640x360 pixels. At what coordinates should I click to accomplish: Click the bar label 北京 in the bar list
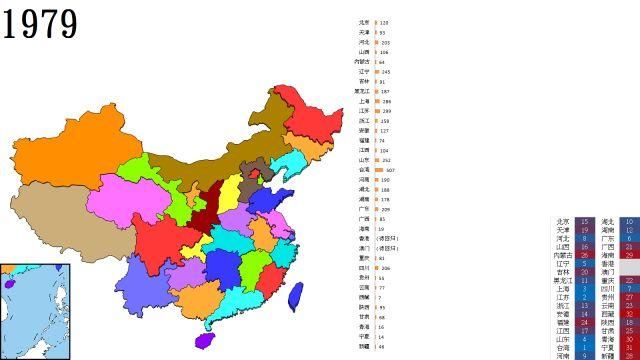[364, 22]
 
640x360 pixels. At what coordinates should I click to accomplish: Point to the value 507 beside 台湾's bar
[390, 170]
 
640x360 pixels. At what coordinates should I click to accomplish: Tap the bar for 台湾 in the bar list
[379, 170]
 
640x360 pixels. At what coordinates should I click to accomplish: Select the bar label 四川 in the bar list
[364, 269]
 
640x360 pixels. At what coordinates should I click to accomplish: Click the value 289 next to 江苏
[386, 111]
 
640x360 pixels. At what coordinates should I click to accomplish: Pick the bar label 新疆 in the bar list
[364, 347]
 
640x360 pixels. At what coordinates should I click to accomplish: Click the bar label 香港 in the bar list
[364, 239]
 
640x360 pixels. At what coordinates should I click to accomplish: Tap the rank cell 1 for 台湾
[584, 347]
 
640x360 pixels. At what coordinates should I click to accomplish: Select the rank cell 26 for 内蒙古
[584, 255]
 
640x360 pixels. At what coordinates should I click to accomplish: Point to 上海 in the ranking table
[563, 289]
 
